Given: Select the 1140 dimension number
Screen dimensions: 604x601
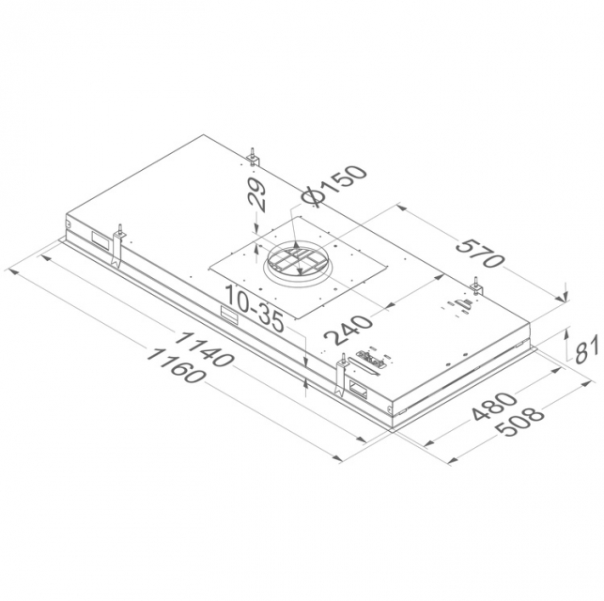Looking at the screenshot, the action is pyautogui.click(x=204, y=348).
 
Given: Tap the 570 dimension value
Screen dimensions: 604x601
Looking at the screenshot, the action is pyautogui.click(x=479, y=254).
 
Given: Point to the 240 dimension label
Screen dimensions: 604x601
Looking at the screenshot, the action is pyautogui.click(x=348, y=329).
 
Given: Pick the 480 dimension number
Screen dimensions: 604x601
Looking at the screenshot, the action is pyautogui.click(x=494, y=408).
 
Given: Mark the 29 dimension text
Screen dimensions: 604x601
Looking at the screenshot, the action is pyautogui.click(x=256, y=195).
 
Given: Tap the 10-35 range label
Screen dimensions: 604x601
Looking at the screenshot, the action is pyautogui.click(x=255, y=308).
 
